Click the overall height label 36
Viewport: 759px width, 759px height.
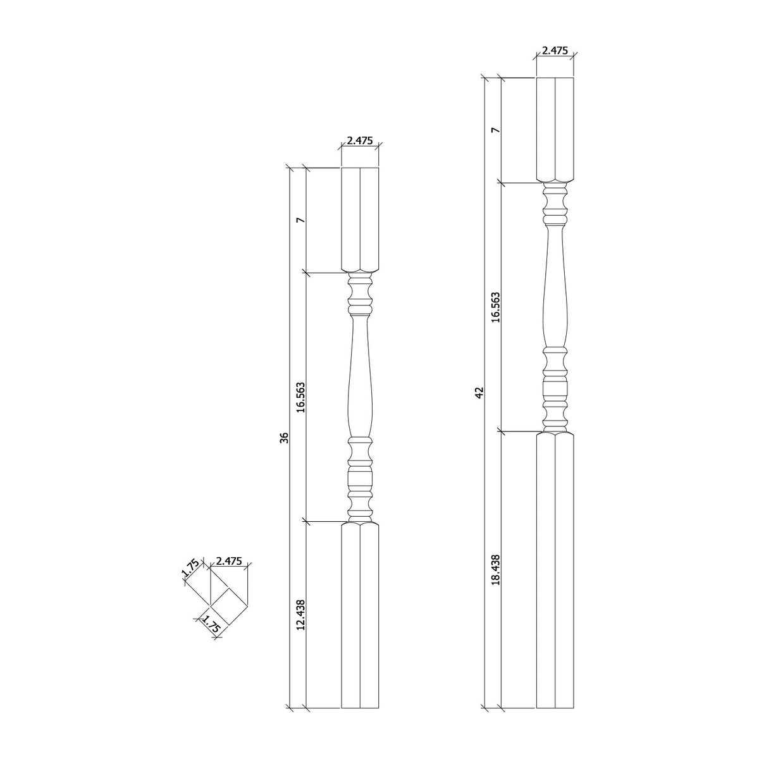(x=285, y=438)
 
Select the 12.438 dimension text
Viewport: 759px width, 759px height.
(x=301, y=615)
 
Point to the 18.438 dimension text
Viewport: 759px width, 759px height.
(x=496, y=571)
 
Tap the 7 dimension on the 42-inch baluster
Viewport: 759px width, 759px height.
(x=496, y=130)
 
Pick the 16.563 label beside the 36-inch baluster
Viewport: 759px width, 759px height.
(x=301, y=397)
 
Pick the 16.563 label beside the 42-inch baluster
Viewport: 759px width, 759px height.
(x=496, y=307)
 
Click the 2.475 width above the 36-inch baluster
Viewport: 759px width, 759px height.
(x=360, y=141)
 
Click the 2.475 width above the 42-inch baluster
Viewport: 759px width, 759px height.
(x=555, y=51)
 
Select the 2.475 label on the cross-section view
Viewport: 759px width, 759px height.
(x=228, y=561)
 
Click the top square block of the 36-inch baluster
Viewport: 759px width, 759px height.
(x=360, y=220)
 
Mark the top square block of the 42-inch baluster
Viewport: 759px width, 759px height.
(x=555, y=130)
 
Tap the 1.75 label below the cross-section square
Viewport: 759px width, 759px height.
(x=209, y=627)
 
